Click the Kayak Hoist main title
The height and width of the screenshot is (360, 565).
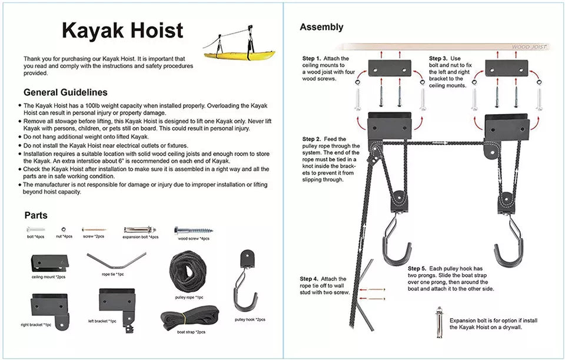(x=122, y=31)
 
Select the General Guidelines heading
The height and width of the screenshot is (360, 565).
(x=65, y=92)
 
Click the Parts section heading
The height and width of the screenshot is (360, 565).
(x=36, y=215)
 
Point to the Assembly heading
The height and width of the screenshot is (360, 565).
(x=321, y=27)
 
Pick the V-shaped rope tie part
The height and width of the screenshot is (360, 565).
(x=116, y=259)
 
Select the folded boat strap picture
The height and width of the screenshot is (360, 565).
(x=190, y=318)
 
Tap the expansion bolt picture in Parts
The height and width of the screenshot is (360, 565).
(x=141, y=229)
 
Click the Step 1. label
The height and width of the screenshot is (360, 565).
(x=312, y=59)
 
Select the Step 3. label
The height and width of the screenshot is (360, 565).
(x=438, y=59)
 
